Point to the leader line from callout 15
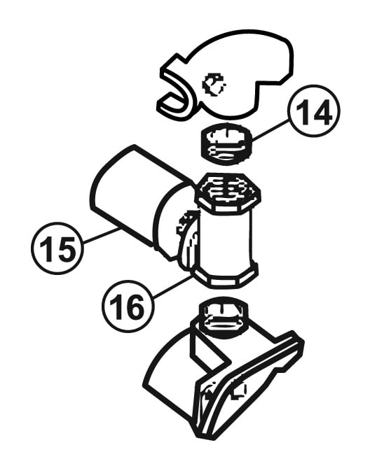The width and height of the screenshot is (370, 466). click(101, 236)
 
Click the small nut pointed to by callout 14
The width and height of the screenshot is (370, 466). click(227, 143)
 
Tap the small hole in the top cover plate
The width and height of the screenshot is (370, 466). click(214, 85)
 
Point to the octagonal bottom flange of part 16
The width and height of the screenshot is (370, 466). click(226, 276)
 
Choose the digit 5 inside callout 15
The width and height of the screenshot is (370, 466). click(64, 249)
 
